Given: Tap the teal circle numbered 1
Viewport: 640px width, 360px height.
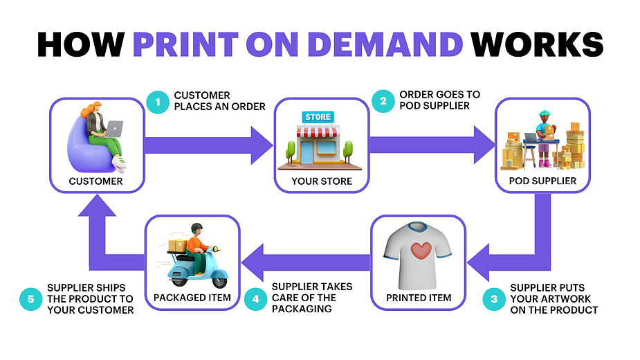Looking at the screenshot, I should (158, 102).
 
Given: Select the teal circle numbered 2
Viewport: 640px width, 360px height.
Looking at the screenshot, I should (383, 101).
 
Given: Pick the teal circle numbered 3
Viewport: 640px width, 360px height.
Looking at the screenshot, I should (494, 298).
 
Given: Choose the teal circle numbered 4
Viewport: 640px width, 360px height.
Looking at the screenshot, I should (256, 298).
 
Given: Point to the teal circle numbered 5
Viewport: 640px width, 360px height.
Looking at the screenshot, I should (30, 298).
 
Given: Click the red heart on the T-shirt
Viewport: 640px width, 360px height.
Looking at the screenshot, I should (421, 251).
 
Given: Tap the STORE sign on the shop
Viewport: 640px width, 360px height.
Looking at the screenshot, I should (318, 117).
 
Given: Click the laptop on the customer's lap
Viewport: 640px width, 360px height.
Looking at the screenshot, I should (113, 128).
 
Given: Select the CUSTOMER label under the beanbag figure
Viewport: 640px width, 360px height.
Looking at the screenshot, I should (96, 181).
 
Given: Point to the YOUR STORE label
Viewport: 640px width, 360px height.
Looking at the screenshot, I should (322, 181).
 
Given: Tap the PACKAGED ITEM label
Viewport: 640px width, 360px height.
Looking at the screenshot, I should (192, 298).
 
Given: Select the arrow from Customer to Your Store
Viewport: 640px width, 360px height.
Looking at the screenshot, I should (208, 145).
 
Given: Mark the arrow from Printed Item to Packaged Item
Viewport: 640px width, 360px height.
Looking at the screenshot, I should (304, 262).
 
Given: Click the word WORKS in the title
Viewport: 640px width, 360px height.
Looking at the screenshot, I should (537, 44).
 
